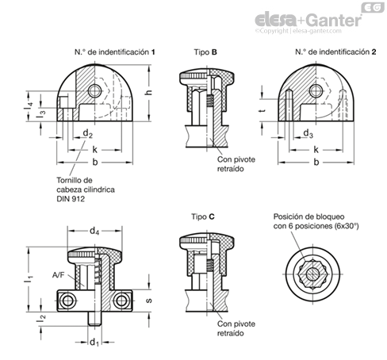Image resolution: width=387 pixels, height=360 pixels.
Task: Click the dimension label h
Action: pos(149,93)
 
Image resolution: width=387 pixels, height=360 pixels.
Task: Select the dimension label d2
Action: pos(88,133)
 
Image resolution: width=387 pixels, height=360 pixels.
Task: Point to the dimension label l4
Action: pos(29,105)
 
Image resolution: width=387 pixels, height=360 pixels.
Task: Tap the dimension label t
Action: pos(262,110)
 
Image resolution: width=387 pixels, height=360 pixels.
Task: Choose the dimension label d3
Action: pos(308,133)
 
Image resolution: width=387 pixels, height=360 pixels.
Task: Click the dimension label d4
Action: pos(94,232)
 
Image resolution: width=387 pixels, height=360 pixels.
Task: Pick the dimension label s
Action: pos(149,301)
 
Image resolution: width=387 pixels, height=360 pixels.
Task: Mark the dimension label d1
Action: pos(94,343)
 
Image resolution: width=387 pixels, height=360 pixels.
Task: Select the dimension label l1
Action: pos(29,280)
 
